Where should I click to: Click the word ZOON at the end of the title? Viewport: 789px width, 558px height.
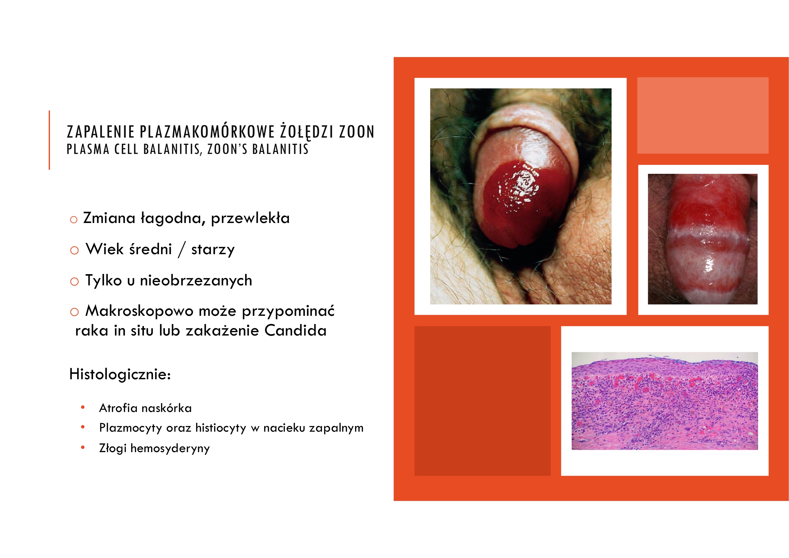click(x=356, y=132)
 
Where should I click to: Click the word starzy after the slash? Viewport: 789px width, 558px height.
click(x=213, y=250)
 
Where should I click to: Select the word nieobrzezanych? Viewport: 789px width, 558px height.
click(x=196, y=281)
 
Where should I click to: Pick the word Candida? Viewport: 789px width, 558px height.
click(x=296, y=331)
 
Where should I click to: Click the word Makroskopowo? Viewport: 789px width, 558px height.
click(x=139, y=311)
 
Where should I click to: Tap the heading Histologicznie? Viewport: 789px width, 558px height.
click(x=120, y=374)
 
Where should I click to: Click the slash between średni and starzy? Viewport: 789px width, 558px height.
click(x=182, y=250)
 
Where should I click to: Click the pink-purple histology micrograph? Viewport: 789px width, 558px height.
click(x=664, y=401)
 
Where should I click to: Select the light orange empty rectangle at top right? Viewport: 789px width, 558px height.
click(x=703, y=115)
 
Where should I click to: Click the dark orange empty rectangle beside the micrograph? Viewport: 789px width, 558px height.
click(x=482, y=401)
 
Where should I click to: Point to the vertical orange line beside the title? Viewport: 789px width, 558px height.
click(x=50, y=140)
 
